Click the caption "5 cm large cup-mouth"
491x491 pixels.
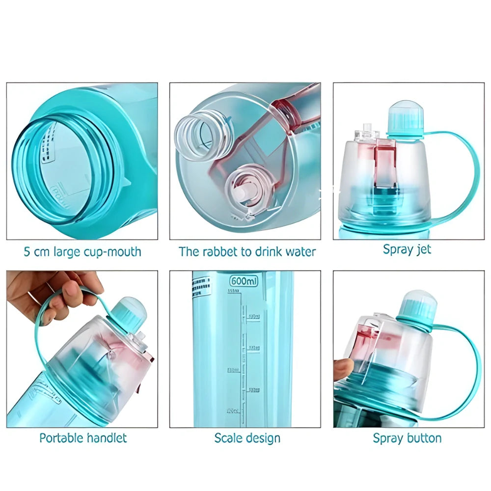point(82,252)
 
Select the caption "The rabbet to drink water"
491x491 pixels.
point(247,252)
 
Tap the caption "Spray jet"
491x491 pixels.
point(407,249)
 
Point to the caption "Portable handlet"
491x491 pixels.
point(83,437)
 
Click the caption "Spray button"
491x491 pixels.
point(407,438)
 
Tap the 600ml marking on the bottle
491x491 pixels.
point(245,281)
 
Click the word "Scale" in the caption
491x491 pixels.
point(229,438)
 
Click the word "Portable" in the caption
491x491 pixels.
point(63,437)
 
